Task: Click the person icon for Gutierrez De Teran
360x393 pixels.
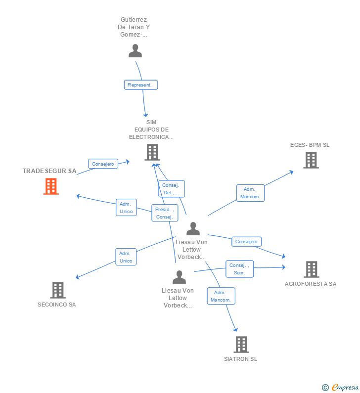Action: coord(135,51)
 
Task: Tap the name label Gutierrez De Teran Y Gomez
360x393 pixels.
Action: coord(133,27)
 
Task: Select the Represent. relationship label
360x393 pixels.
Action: coord(141,85)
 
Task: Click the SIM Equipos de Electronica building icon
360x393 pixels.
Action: coord(152,152)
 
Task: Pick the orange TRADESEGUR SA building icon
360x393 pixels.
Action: coord(51,186)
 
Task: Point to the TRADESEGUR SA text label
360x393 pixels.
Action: coord(49,171)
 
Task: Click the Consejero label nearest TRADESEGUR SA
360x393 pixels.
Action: coord(103,164)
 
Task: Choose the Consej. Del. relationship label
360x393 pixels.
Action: coord(172,189)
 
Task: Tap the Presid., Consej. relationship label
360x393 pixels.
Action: coord(164,213)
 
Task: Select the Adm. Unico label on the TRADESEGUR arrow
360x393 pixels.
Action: coord(126,208)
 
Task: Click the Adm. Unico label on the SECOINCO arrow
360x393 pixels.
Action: coord(126,257)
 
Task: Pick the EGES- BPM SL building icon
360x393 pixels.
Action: coord(311,160)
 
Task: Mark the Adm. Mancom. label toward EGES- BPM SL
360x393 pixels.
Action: coord(250,193)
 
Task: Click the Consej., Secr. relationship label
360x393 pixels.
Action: coord(239,269)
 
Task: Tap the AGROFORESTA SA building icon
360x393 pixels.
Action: coord(311,269)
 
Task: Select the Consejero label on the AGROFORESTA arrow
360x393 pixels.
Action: coord(246,242)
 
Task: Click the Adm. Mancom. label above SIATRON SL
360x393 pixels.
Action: coord(221,296)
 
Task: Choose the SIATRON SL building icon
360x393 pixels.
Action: coord(241,344)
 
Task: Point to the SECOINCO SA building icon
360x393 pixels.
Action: coord(58,290)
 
